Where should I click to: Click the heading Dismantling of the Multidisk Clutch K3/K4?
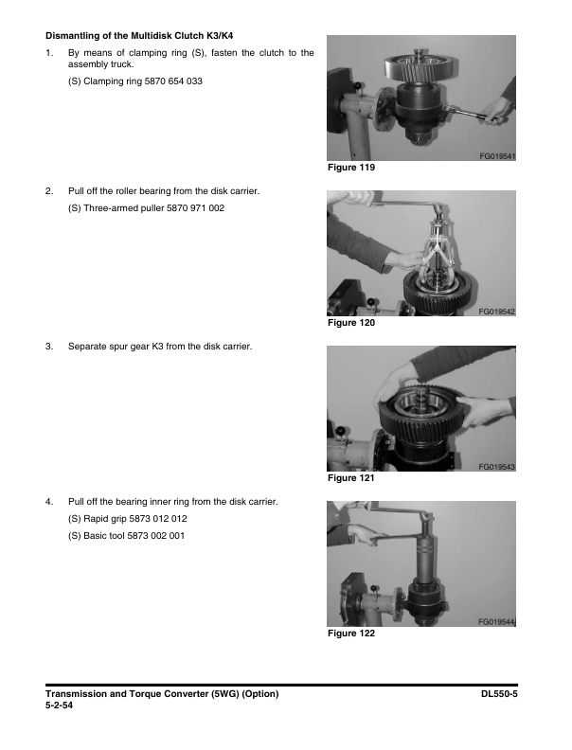pos(139,36)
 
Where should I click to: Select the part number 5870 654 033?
pos(173,81)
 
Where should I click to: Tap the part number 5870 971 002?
pos(195,208)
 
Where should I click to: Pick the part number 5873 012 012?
pos(158,519)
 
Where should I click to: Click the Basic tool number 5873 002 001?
pos(155,536)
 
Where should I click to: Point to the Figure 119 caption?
pos(351,168)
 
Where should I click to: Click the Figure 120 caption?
pos(351,323)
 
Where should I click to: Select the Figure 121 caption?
pos(351,478)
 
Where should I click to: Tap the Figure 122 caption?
pos(351,634)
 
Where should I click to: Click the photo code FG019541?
pos(497,156)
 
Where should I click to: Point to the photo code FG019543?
pos(497,467)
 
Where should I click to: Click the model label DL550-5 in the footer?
pos(499,694)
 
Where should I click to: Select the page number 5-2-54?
pos(60,705)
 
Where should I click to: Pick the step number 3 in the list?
pos(49,347)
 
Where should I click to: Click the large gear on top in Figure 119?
pos(421,67)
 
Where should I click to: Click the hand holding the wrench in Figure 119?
pos(497,111)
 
